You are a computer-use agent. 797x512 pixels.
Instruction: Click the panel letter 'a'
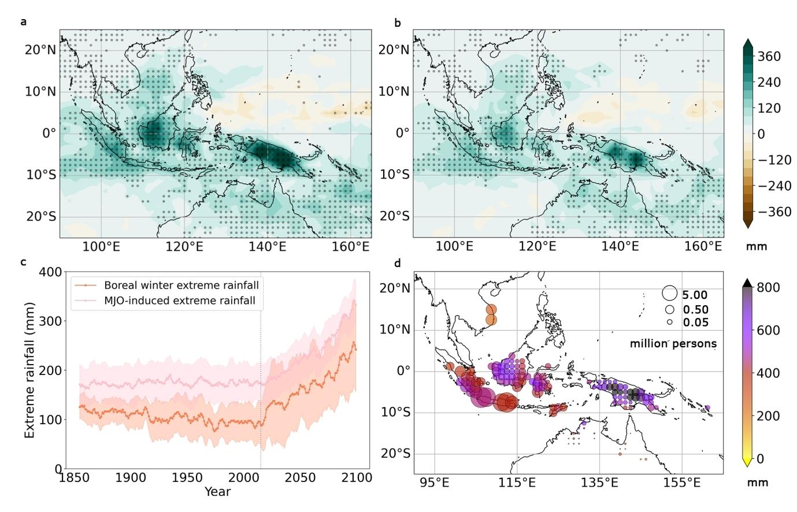tap(23, 23)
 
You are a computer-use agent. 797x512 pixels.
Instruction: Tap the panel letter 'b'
tap(397, 23)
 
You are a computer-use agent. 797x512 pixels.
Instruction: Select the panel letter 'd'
tap(397, 264)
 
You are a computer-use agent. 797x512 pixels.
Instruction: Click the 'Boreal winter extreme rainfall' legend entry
tap(181, 285)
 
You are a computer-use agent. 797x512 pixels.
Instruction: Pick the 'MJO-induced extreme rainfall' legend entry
tap(180, 300)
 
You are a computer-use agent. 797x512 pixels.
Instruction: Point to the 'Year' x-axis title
tap(217, 492)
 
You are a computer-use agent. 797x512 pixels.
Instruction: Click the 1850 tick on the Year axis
tap(74, 478)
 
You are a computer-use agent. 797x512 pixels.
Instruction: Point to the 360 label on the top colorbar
tap(769, 56)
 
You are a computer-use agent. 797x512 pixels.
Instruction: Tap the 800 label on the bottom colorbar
tap(768, 287)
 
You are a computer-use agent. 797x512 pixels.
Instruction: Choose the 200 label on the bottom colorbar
tap(768, 415)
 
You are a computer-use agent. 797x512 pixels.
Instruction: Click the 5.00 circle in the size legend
tap(669, 294)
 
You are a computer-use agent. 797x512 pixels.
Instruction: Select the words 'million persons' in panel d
tap(673, 344)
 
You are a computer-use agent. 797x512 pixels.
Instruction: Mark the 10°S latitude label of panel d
tap(396, 412)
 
